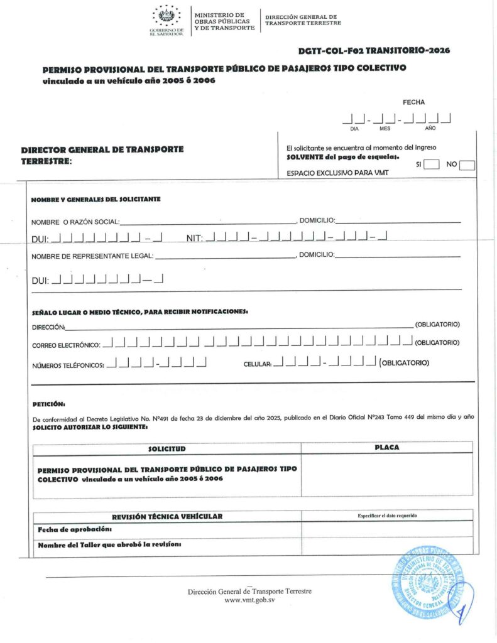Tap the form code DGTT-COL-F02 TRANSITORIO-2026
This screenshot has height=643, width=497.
click(x=374, y=50)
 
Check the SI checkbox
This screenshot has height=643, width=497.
click(x=431, y=165)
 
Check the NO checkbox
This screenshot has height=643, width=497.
click(x=467, y=165)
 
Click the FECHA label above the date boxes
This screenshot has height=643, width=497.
click(x=413, y=102)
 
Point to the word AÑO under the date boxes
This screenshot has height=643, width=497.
click(x=430, y=128)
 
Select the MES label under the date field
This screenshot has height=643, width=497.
click(x=385, y=128)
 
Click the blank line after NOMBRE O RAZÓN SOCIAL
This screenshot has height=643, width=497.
click(x=207, y=221)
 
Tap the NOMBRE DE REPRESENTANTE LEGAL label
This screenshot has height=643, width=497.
click(x=92, y=256)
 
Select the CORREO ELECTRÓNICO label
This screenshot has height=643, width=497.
click(x=65, y=345)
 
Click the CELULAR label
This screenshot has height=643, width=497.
click(x=257, y=364)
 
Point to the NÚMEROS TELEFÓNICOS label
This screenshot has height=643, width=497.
click(x=67, y=365)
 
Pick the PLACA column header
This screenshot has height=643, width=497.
click(x=386, y=448)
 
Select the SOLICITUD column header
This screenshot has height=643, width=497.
click(x=167, y=449)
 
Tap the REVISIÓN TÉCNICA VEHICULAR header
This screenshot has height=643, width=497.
click(x=167, y=516)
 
